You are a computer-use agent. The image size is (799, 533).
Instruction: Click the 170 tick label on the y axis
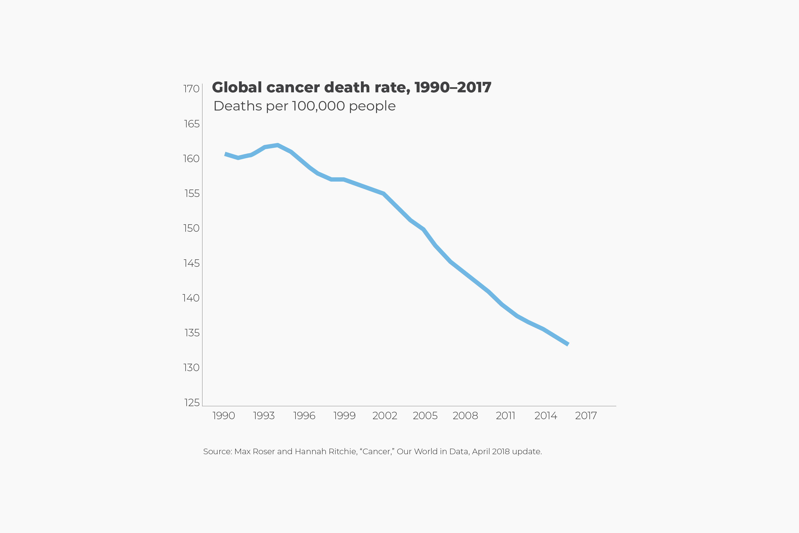(191, 89)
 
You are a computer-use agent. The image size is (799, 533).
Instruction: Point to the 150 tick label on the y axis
(191, 228)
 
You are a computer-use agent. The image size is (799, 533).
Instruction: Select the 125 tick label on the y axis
(192, 403)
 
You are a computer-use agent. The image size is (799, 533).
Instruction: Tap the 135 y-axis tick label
(192, 333)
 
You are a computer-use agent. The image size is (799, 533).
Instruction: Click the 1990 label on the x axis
(224, 415)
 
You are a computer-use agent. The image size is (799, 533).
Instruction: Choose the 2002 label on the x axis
(385, 415)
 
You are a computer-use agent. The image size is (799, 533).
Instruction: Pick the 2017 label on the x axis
(586, 415)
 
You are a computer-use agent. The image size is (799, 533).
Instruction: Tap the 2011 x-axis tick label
(506, 415)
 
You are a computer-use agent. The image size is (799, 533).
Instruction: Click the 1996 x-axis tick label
(304, 415)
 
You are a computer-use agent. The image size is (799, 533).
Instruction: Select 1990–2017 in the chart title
(453, 87)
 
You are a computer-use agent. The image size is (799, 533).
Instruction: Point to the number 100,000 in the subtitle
(318, 106)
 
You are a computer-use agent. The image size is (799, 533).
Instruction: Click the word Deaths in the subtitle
(238, 106)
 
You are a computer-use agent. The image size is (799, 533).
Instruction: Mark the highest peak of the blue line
(278, 145)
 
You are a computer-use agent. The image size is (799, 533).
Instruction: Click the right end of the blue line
(568, 344)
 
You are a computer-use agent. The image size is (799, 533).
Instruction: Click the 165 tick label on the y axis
(192, 124)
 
